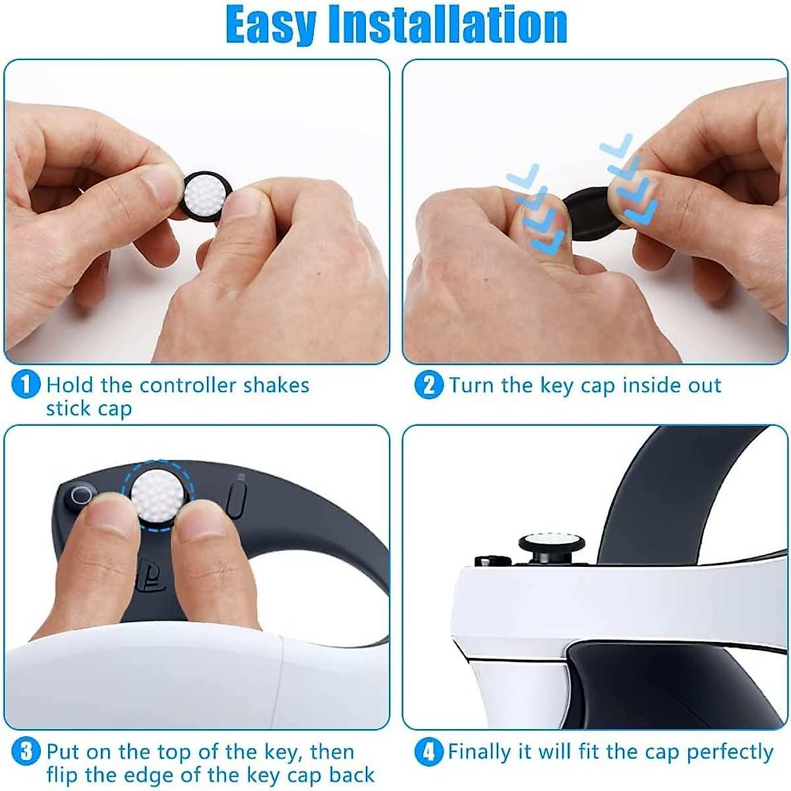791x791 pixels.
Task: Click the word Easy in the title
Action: (x=274, y=25)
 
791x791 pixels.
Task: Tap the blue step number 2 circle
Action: (x=428, y=385)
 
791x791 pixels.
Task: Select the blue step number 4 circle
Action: (x=428, y=751)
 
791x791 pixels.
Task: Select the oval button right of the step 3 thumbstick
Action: (x=237, y=498)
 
